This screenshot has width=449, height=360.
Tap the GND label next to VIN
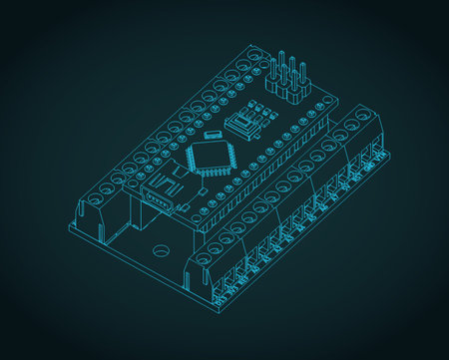tap(240, 281)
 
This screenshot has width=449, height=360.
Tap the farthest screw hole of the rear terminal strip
tap(257, 55)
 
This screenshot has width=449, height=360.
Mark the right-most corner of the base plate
tap(390, 155)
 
